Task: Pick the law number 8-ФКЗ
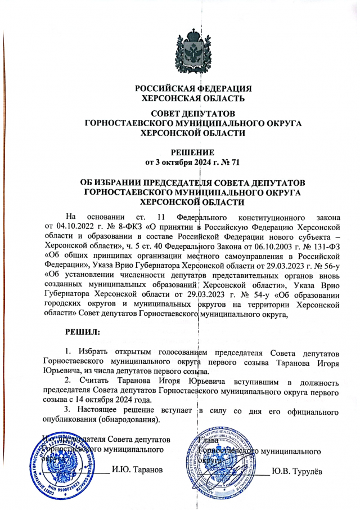pos(131,226)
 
